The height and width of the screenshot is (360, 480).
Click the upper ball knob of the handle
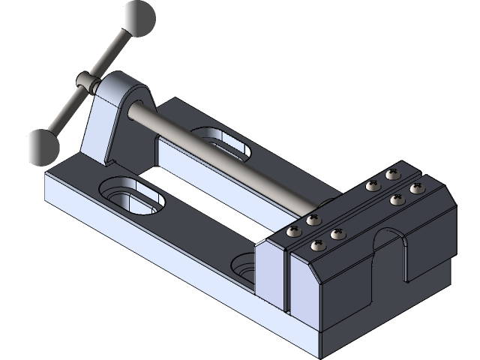click(x=138, y=17)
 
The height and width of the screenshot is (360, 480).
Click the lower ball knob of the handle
click(x=41, y=147)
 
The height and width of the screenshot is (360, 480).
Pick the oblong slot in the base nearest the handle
click(x=133, y=194)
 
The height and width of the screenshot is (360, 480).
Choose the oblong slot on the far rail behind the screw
click(x=222, y=141)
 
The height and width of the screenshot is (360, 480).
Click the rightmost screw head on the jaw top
click(x=418, y=188)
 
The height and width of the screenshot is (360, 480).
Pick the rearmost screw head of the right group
click(x=391, y=175)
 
